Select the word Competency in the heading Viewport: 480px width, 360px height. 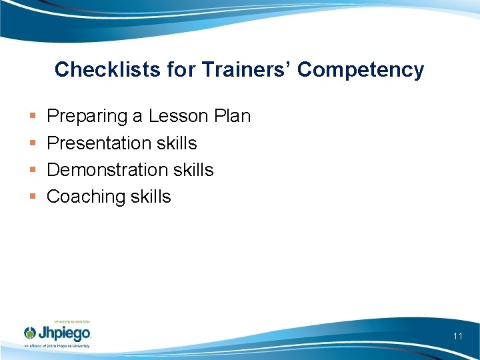[x=361, y=69]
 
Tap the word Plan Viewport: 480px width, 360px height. [x=233, y=117]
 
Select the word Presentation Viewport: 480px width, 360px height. [x=99, y=143]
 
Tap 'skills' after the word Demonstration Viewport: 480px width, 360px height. [x=193, y=170]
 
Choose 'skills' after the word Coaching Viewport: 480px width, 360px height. [x=151, y=197]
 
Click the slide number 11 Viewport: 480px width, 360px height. [x=457, y=336]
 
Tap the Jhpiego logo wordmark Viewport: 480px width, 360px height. [x=65, y=333]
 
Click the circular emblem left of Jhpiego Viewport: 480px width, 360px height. [x=31, y=333]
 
